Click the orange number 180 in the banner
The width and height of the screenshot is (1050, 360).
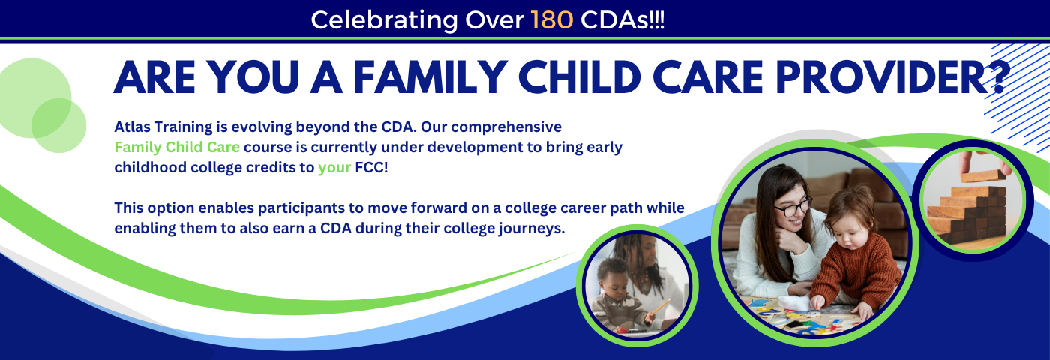552,20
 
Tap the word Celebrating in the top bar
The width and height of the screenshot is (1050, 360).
384,21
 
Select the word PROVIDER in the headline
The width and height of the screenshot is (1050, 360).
883,77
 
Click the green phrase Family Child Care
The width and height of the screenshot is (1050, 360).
177,147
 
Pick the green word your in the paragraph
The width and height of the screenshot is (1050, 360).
334,168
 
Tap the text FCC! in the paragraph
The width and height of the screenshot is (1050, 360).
372,167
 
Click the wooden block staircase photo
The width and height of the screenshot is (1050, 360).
973,201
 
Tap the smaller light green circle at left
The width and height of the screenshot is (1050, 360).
59,126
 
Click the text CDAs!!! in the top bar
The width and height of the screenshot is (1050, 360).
622,20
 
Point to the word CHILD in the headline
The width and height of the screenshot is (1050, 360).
580,77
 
